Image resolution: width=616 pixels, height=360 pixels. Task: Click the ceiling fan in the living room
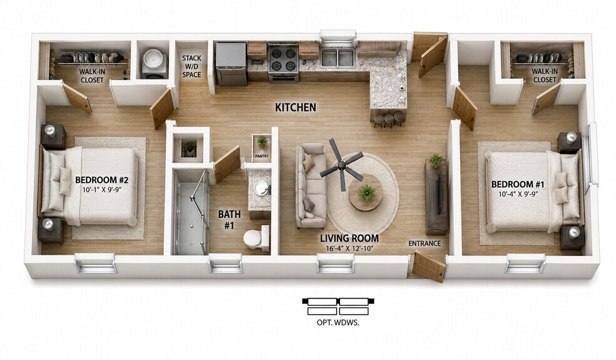pos(341,166)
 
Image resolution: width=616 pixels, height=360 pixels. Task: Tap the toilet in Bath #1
pos(255,237)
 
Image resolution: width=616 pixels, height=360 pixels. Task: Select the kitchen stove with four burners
pos(282,61)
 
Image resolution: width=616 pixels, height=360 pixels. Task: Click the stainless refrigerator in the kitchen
pos(232,64)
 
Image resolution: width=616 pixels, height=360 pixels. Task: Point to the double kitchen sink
pos(338,56)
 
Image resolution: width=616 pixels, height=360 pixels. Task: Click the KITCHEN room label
pos(295,107)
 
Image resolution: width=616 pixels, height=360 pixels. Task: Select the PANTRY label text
pos(262,156)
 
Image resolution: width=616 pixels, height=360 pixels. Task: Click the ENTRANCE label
pos(424,244)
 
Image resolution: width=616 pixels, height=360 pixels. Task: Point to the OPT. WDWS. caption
pos(338,323)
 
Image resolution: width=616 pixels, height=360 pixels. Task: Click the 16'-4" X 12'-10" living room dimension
pos(349,249)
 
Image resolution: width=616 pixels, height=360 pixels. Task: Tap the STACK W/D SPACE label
pos(192,66)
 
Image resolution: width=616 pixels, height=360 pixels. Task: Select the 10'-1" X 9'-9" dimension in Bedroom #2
pos(102,190)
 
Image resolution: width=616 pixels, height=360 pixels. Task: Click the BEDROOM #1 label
pos(518,184)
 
